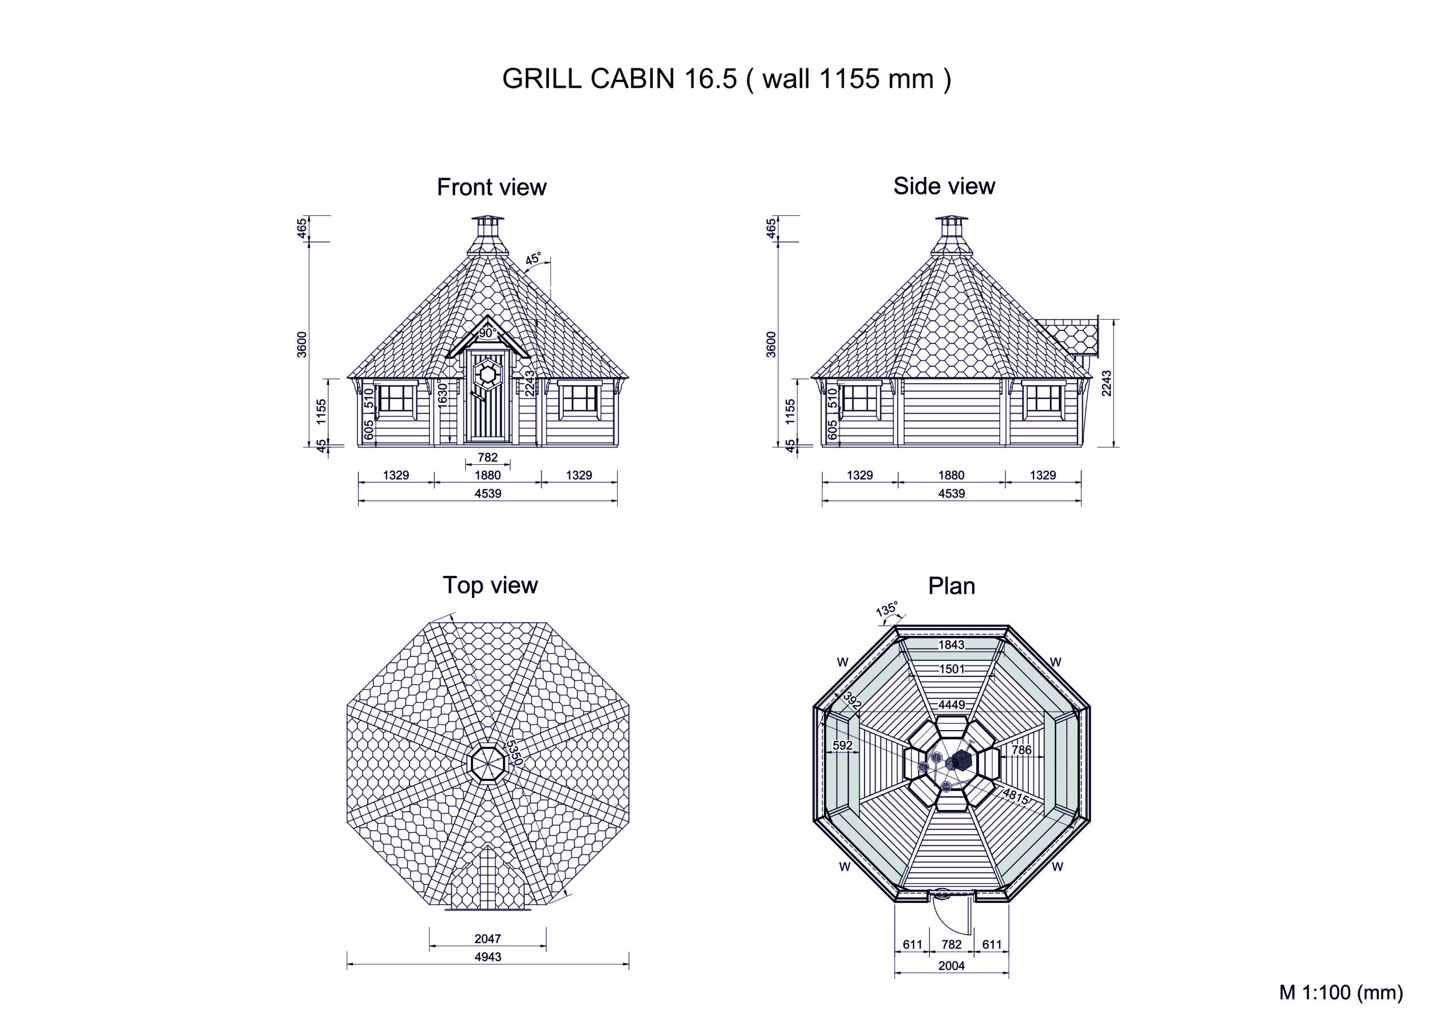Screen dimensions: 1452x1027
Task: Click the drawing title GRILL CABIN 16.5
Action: coord(620,78)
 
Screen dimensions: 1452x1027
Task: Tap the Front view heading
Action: coord(492,187)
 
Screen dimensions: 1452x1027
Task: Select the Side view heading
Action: coord(944,186)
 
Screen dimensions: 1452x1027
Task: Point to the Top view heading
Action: coord(490,585)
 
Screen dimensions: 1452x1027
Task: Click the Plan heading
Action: coord(952,586)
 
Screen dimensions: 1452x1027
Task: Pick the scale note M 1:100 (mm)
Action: coord(1341,992)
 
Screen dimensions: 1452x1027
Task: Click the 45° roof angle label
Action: coord(533,258)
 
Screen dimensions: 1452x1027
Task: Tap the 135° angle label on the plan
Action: coord(887,609)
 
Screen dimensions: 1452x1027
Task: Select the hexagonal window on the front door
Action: coord(488,375)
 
